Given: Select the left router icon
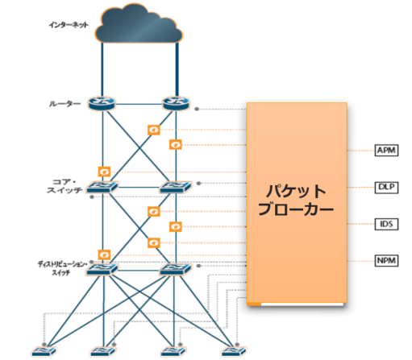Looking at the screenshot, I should [x=102, y=105].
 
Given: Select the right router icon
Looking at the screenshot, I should [x=175, y=105].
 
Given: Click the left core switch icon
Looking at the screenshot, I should [x=102, y=188].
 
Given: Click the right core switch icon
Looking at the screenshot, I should [x=175, y=188].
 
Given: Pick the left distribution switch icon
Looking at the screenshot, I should [x=102, y=269].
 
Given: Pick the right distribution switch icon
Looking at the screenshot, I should [x=175, y=269].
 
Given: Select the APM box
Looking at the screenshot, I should [x=385, y=151].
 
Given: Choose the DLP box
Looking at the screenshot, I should [x=385, y=187].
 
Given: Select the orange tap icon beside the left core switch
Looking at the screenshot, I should [x=103, y=171].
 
